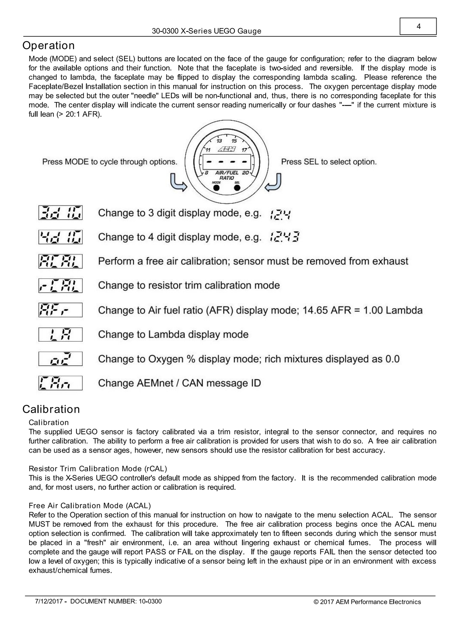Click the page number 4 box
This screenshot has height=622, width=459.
coord(418,27)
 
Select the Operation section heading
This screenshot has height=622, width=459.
coord(48,46)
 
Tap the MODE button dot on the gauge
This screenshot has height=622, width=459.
coord(216,188)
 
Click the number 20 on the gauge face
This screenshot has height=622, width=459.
coord(246,173)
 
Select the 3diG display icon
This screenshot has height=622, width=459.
coord(60,213)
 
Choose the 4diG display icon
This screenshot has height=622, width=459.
coord(60,237)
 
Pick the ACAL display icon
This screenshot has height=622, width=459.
coord(60,261)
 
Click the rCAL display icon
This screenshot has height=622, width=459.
coord(60,285)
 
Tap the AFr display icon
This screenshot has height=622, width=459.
coord(60,310)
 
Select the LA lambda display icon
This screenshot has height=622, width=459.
coord(60,335)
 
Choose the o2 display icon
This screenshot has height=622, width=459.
coord(60,359)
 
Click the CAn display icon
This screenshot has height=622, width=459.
coord(60,383)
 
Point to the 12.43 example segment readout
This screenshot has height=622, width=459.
coord(284,237)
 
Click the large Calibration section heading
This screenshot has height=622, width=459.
coord(51,409)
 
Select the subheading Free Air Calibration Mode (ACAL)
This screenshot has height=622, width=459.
coord(90,506)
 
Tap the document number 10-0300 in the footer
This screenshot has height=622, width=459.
coord(150,602)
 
